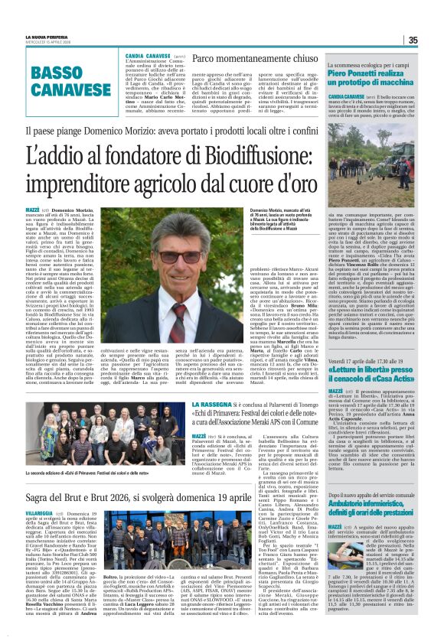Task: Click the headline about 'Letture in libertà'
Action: coord(371,351)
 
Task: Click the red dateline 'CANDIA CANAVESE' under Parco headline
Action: coord(149,56)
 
